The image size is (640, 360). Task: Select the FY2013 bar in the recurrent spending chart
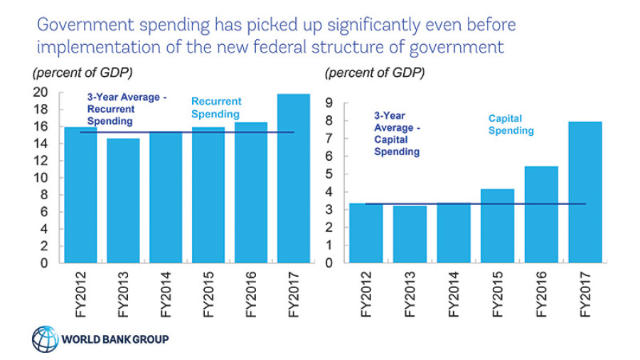(x=124, y=200)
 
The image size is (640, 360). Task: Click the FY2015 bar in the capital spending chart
(x=496, y=226)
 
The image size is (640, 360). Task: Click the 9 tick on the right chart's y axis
(x=330, y=103)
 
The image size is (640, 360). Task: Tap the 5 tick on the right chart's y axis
(x=330, y=174)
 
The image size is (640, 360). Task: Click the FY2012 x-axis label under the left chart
(x=80, y=293)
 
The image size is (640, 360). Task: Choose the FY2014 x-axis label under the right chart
(x=453, y=293)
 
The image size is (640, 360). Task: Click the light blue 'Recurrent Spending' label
(x=216, y=107)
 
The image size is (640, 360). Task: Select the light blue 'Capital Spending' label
(x=511, y=125)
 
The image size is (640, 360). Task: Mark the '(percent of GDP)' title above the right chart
(x=375, y=73)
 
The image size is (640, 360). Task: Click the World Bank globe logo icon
(x=44, y=339)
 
